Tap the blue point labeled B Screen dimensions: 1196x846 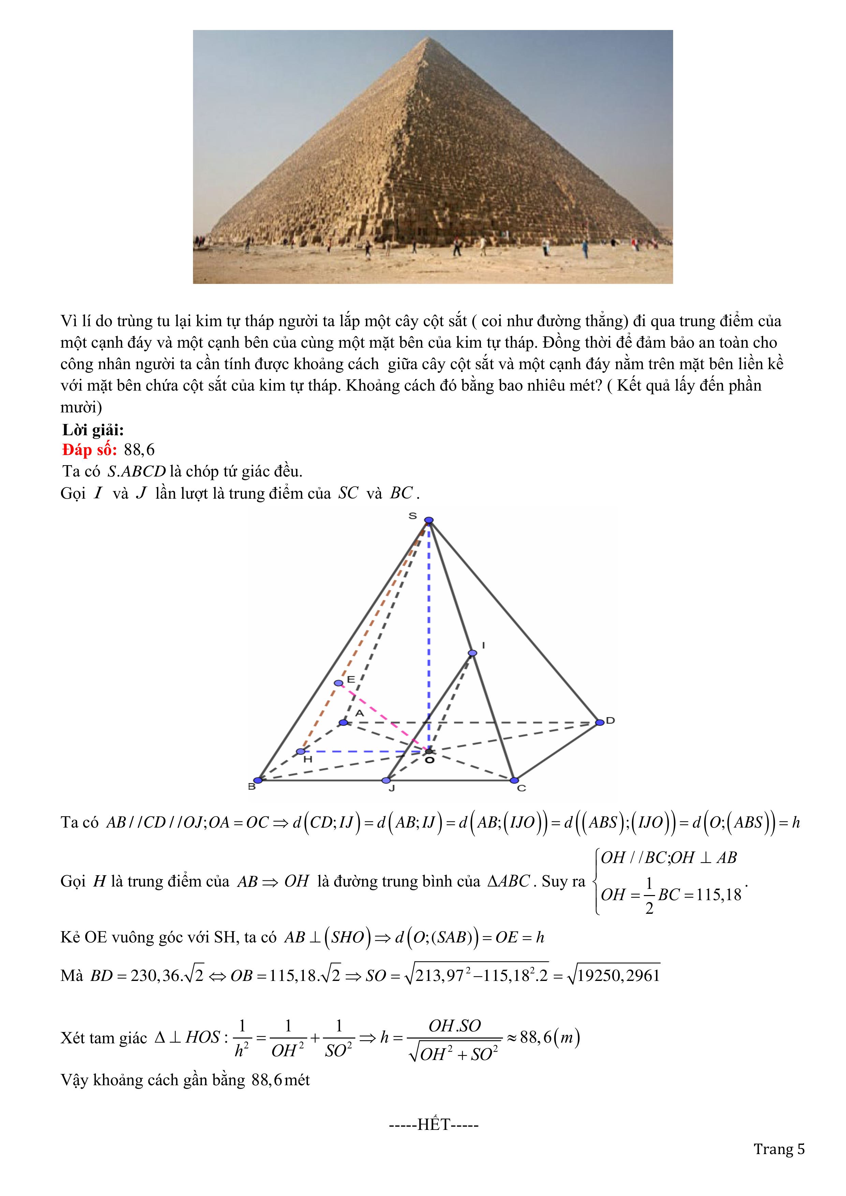point(257,780)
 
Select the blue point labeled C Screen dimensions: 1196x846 point(514,780)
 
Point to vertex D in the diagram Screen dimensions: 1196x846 point(599,722)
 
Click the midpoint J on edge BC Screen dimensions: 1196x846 point(386,780)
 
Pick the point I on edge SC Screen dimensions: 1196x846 point(472,653)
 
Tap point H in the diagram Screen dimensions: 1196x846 point(300,752)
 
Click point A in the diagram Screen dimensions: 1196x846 point(343,723)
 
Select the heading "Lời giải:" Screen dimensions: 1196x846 point(93,430)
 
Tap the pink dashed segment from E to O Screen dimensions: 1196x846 point(383,717)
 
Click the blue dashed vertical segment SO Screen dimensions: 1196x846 point(429,625)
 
